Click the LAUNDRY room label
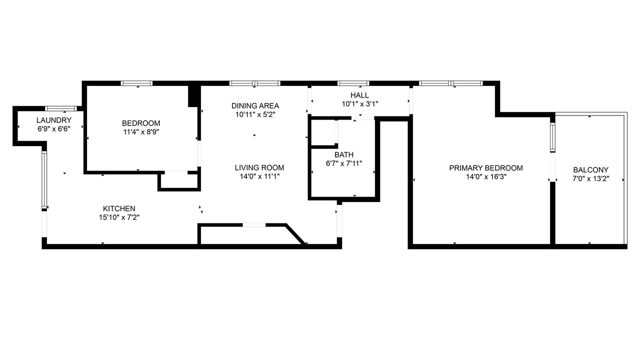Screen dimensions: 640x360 [54, 120]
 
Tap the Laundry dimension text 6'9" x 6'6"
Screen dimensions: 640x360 [54, 129]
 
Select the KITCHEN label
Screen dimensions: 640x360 [119, 208]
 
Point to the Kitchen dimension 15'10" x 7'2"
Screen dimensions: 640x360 [119, 217]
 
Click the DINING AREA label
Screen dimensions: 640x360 [255, 105]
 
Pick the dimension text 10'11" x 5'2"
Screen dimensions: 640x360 [255, 114]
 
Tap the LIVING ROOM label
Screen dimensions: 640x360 [259, 167]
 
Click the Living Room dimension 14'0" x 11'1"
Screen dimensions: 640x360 [259, 176]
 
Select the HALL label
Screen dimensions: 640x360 [359, 95]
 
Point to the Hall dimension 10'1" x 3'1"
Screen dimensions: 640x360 [360, 104]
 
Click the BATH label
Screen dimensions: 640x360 [344, 155]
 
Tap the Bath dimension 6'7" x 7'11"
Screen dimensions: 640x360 [344, 163]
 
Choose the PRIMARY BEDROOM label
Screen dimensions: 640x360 [486, 168]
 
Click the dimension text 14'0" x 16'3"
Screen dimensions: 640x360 [486, 177]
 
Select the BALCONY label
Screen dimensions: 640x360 [591, 170]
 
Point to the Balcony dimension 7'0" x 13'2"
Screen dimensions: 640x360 [591, 179]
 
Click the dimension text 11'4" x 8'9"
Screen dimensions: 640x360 [141, 132]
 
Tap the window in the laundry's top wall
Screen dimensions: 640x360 [61, 108]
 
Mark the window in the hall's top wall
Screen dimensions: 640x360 [353, 83]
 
